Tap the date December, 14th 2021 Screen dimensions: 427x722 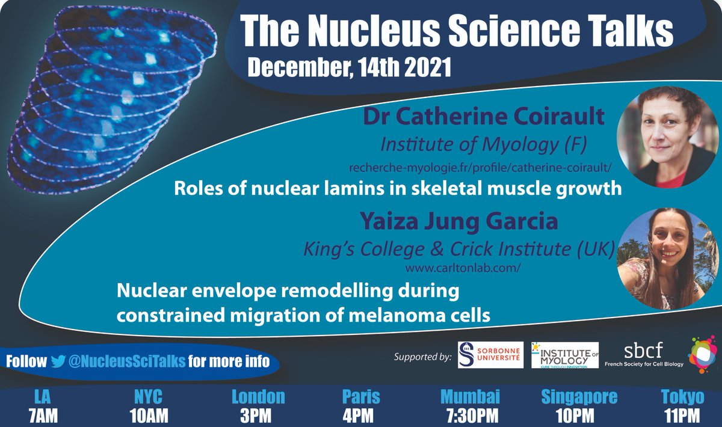pyautogui.click(x=349, y=66)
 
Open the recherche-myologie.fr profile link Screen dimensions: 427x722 pyautogui.click(x=474, y=165)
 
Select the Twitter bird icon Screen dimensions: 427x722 pyautogui.click(x=58, y=361)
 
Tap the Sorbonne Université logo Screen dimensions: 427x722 pyautogui.click(x=490, y=355)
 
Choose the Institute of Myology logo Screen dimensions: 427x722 pyautogui.click(x=565, y=355)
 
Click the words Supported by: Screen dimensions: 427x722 pyautogui.click(x=422, y=357)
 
